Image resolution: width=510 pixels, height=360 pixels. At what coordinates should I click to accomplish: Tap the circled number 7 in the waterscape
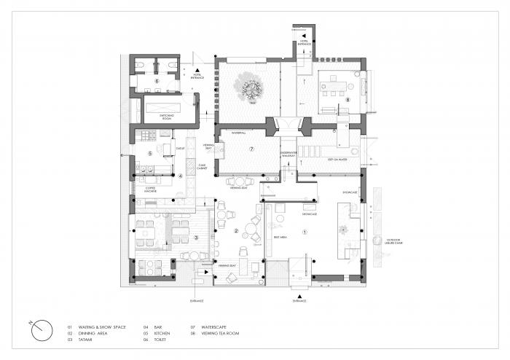[x=251, y=149]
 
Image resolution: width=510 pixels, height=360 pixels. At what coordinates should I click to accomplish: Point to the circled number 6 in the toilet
[x=157, y=81]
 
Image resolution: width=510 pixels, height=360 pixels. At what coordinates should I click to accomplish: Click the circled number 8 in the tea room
[x=348, y=100]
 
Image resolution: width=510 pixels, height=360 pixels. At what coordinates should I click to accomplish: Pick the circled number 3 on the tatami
[x=195, y=238]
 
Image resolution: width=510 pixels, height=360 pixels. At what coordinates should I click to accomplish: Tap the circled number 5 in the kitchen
[x=150, y=153]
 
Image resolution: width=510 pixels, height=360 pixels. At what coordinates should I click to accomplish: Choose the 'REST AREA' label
[x=278, y=237]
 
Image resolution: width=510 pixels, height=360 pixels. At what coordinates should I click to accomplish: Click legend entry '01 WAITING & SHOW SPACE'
[x=97, y=327]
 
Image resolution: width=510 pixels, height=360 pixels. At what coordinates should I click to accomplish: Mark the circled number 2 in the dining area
[x=237, y=231]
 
